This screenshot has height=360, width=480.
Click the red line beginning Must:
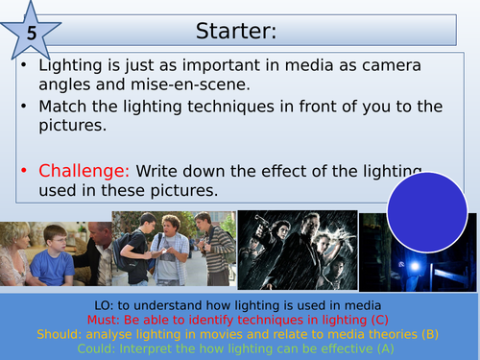click(238, 318)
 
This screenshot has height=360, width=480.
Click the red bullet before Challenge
click(27, 171)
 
